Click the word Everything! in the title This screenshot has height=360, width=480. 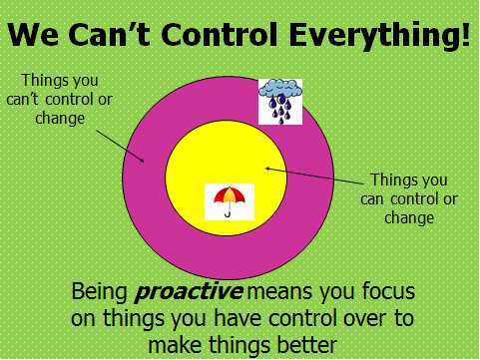point(380,36)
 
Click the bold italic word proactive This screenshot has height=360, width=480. point(189,292)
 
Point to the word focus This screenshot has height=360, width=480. point(388,291)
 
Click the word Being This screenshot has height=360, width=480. point(100,292)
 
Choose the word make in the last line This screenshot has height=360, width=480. point(175,345)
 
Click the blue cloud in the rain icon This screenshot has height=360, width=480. point(280,88)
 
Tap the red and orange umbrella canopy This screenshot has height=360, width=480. point(230,195)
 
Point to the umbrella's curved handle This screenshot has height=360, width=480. point(229,211)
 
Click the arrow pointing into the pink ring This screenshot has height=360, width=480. point(121,147)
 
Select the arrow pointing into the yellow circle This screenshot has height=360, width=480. point(314,177)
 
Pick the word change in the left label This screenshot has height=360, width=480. point(60,119)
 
